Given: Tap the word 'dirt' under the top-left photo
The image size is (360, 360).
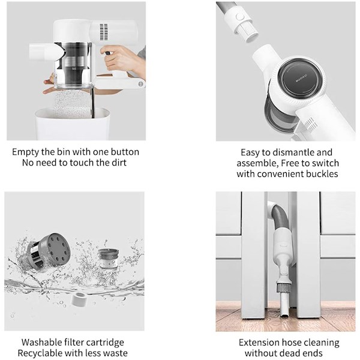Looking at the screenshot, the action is tap(119, 163).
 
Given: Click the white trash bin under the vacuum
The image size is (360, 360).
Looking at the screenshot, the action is tap(73, 125).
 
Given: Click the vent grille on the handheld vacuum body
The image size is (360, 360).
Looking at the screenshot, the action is tap(104, 32).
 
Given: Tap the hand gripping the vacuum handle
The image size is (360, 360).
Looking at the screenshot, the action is tap(123, 59).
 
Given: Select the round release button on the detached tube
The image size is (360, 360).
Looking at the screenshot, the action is tap(240, 17).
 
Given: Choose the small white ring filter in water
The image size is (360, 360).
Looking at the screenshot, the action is tap(78, 299).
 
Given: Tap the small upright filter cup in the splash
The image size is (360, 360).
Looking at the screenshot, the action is tap(109, 259).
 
